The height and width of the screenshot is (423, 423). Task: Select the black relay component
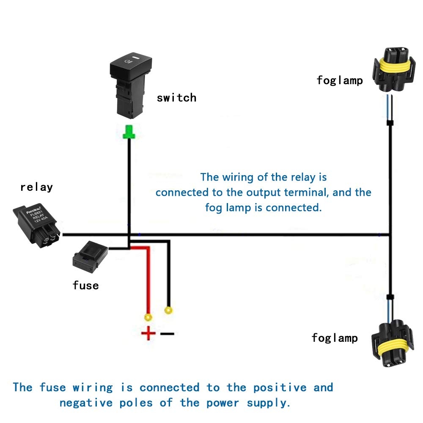pos(37,224)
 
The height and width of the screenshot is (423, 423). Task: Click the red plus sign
pos(148,334)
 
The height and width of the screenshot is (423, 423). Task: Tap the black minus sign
pos(168,334)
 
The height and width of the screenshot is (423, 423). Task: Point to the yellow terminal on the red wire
pos(148,317)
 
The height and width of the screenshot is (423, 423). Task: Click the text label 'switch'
pos(176,98)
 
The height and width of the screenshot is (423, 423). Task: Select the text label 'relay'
pos(36,187)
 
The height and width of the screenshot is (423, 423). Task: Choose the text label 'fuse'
pos(85,286)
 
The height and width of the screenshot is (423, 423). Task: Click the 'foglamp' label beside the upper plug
pos(340,80)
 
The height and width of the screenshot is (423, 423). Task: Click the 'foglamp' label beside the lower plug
pos(335,338)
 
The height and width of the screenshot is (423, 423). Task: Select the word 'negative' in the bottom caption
pos(85,403)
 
